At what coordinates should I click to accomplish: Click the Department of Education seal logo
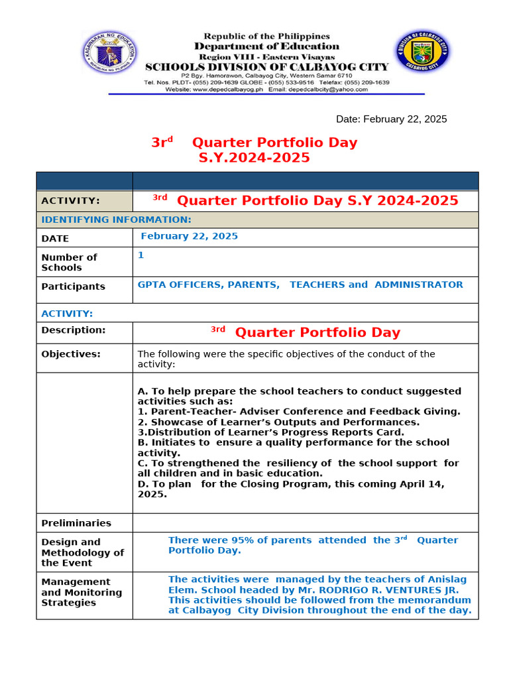pyautogui.click(x=109, y=53)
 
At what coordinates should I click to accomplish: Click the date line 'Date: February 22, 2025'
pyautogui.click(x=391, y=119)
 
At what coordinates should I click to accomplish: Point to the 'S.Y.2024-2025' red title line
pyautogui.click(x=254, y=158)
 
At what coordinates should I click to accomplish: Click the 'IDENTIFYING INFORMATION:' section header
pyautogui.click(x=117, y=219)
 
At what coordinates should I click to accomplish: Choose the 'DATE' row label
pyautogui.click(x=55, y=239)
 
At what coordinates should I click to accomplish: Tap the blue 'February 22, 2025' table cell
pyautogui.click(x=190, y=236)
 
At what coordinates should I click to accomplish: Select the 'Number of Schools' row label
pyautogui.click(x=69, y=263)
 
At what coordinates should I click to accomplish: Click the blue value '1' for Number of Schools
pyautogui.click(x=141, y=255)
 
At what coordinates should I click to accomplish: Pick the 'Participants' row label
pyautogui.click(x=73, y=286)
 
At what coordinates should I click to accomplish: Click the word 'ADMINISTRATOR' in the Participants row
pyautogui.click(x=419, y=284)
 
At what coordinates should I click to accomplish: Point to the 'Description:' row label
pyautogui.click(x=73, y=330)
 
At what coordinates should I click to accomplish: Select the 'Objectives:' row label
pyautogui.click(x=71, y=354)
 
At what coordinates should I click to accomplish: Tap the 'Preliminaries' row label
pyautogui.click(x=76, y=523)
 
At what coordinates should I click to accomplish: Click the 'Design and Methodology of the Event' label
pyautogui.click(x=82, y=552)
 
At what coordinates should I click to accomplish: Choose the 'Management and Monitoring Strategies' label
pyautogui.click(x=82, y=592)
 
